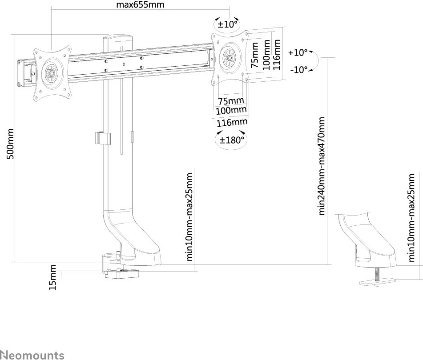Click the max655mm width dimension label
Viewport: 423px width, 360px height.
tap(140, 5)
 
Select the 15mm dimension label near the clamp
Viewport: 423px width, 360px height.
tap(53, 278)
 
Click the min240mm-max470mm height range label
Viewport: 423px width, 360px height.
tap(322, 166)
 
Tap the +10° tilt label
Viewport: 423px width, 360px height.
tap(298, 52)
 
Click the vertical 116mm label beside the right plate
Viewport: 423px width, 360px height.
tap(277, 55)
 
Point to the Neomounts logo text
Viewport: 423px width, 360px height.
tap(32, 355)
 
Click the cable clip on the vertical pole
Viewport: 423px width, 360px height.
tap(103, 138)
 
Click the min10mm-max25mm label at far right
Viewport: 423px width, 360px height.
tap(411, 217)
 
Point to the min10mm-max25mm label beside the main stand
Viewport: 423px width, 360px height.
tap(190, 216)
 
